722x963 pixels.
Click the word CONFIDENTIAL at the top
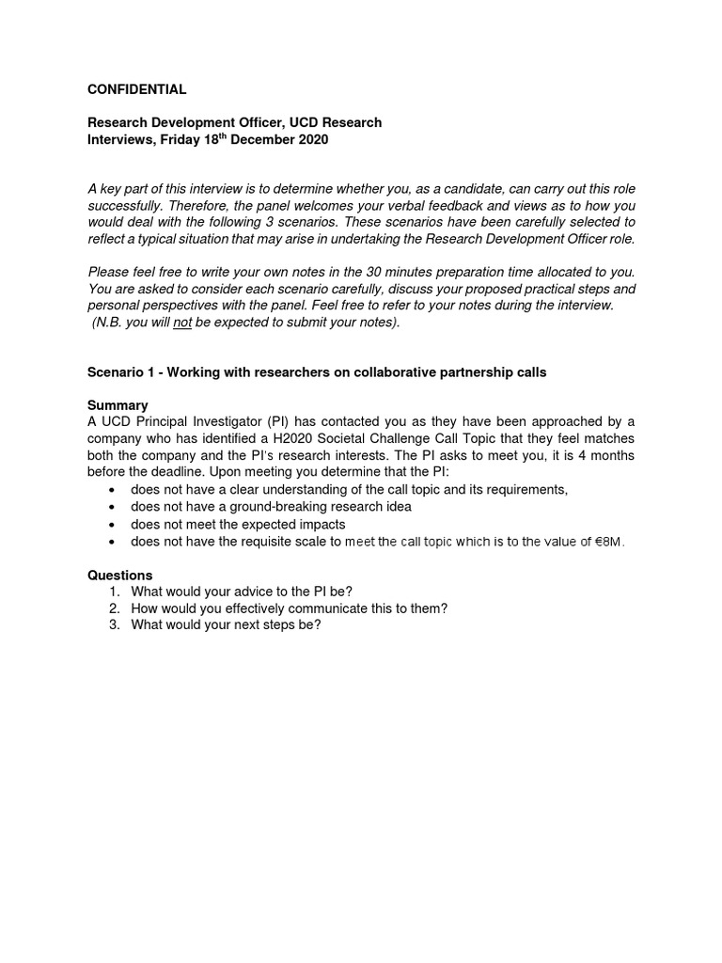(x=136, y=89)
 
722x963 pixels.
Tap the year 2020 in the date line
(x=314, y=140)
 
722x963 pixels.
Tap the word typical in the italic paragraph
(x=152, y=239)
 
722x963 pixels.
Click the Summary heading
(x=118, y=405)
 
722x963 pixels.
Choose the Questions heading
(x=120, y=575)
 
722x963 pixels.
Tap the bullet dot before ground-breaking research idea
(x=113, y=507)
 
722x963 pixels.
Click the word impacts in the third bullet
(x=315, y=524)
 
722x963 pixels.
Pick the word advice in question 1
(x=225, y=592)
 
